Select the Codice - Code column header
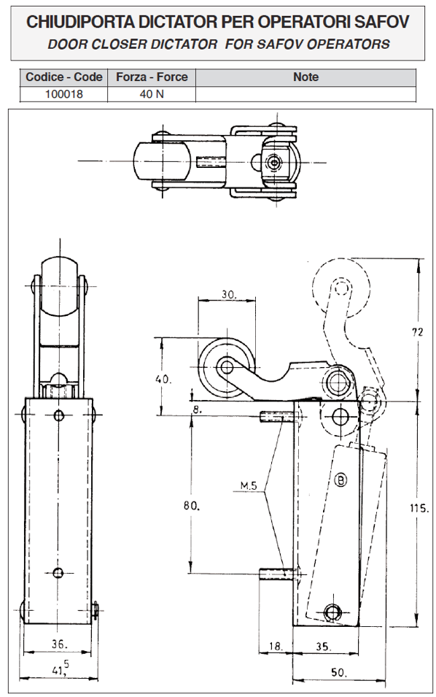(64, 77)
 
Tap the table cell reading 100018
(64, 94)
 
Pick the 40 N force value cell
(152, 94)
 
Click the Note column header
(306, 77)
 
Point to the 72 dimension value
(417, 331)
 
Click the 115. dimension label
(419, 508)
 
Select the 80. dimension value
(191, 505)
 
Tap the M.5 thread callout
(249, 485)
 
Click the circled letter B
(340, 480)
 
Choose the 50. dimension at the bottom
(339, 672)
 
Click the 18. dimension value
(276, 646)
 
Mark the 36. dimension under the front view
(60, 644)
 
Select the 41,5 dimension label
(61, 668)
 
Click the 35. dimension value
(324, 646)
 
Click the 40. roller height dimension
(163, 380)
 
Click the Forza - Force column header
(152, 77)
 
